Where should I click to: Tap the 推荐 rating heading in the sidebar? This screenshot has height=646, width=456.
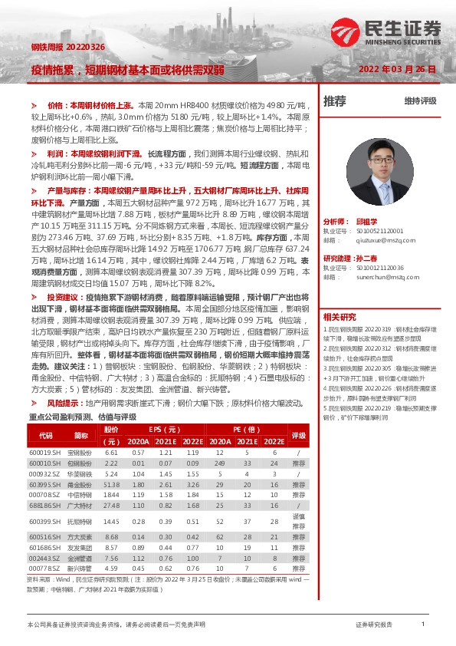334,101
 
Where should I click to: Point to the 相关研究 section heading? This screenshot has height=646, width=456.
339,316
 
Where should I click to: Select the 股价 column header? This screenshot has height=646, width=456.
111,430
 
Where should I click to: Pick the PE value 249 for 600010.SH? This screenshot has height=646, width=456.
220,463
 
